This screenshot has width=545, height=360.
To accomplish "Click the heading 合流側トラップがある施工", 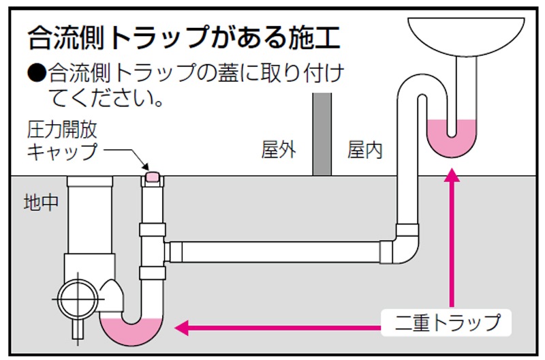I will point(183,38).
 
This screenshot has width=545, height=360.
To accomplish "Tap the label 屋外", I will point(279,149).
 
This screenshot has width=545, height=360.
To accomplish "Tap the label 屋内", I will point(365,149).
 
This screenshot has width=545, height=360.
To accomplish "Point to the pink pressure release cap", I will point(152,177).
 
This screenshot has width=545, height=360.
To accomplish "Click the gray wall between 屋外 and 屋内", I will point(322,134).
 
